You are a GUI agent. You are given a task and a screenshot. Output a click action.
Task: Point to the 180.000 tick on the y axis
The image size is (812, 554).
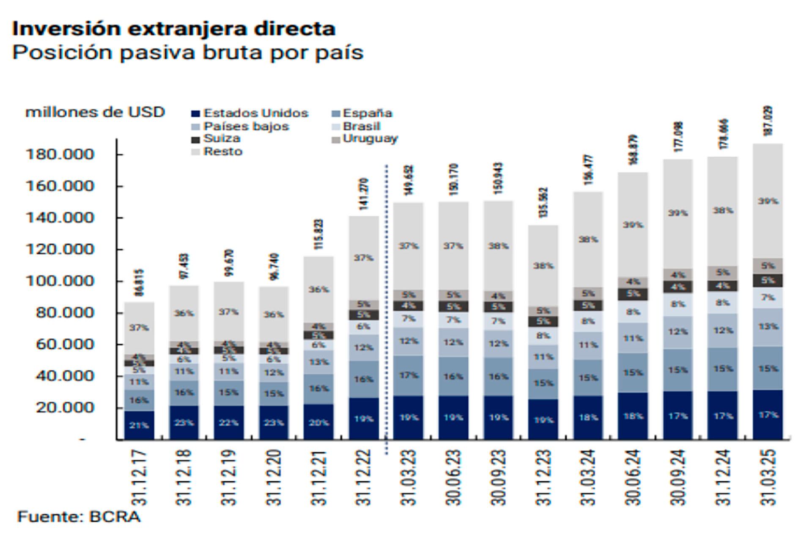coord(60,154)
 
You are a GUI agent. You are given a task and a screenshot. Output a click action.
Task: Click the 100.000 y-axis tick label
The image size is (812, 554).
coord(60,281)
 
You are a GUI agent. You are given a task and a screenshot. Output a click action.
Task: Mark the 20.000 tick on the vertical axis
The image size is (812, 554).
coord(64,408)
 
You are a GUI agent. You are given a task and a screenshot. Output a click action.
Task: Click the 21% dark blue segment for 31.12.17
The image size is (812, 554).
coord(139,425)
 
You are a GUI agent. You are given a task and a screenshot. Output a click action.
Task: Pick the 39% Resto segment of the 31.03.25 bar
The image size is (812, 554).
coord(768,201)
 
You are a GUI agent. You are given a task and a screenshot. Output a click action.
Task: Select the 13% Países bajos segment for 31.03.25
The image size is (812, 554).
coord(768,327)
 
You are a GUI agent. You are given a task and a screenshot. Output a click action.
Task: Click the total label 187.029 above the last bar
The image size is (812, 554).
coord(768,121)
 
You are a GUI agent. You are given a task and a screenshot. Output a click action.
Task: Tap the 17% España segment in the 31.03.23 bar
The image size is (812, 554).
coord(409,375)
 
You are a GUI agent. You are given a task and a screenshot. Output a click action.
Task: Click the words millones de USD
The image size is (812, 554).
coord(95,112)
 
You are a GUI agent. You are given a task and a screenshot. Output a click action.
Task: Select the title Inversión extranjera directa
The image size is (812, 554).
coord(174,29)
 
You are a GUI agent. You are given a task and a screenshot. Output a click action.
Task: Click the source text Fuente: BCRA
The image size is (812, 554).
coord(79,517)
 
